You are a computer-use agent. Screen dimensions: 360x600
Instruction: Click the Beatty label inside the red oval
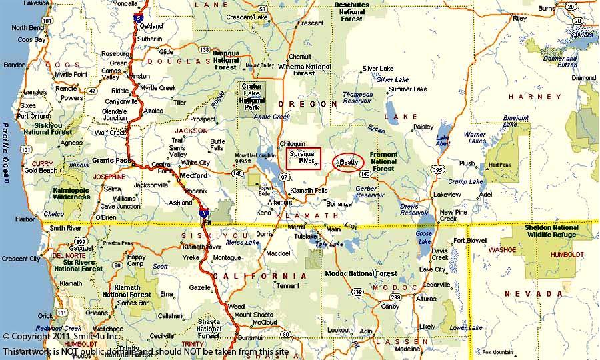coord(349,162)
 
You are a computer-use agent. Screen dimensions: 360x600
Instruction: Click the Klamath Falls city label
coord(309,191)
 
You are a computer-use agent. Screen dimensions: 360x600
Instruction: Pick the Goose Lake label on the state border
coord(423,238)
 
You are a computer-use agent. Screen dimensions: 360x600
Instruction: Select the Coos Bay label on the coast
coord(31,39)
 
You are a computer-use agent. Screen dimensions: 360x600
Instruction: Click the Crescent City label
coord(21,259)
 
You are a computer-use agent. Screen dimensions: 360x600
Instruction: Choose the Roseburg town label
coord(115,53)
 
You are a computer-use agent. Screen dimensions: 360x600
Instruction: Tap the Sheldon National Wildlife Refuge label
coord(551,231)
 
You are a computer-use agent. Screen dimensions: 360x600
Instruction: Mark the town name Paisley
coord(423,127)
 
